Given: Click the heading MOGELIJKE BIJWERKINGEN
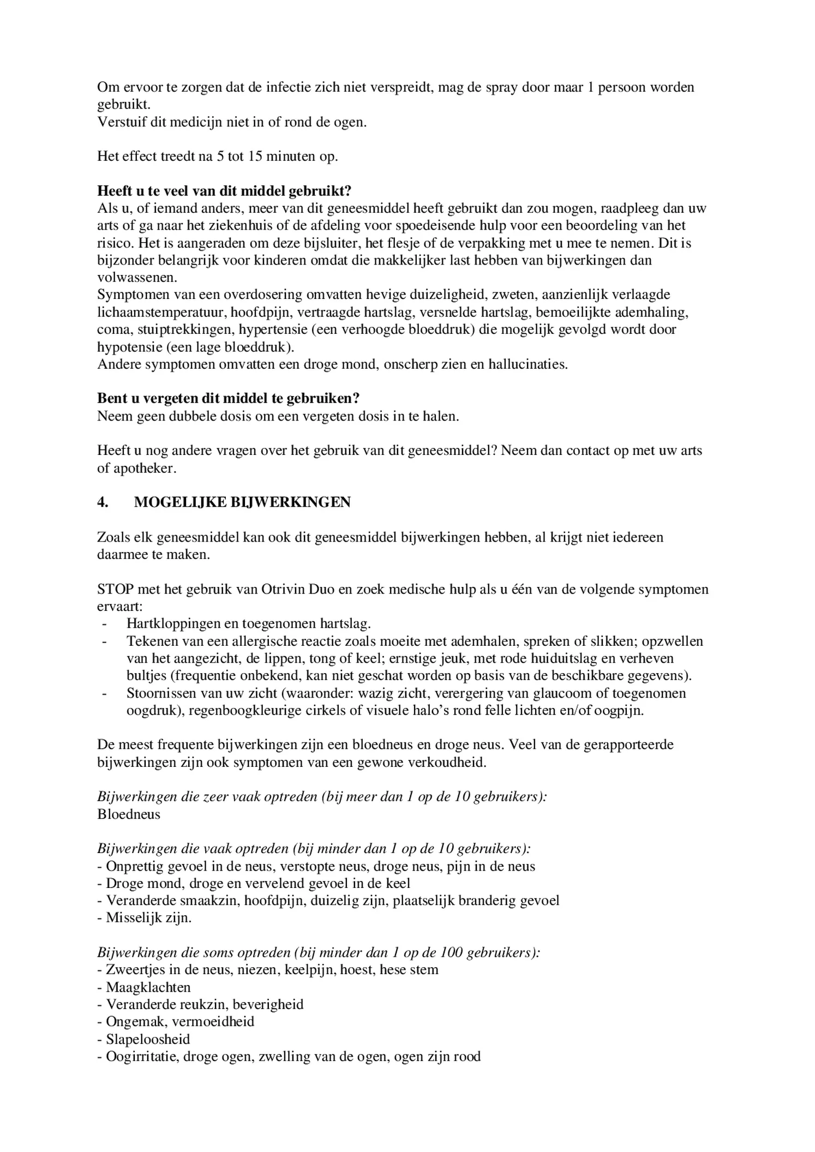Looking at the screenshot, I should pyautogui.click(x=242, y=502).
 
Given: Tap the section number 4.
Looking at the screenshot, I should pyautogui.click(x=103, y=502).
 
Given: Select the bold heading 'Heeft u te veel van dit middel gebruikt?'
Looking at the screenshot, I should pyautogui.click(x=224, y=191).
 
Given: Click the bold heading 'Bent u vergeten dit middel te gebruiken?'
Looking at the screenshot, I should pyautogui.click(x=228, y=399).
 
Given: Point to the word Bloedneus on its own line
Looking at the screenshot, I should pyautogui.click(x=129, y=814).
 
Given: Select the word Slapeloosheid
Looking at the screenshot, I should pyautogui.click(x=147, y=1039).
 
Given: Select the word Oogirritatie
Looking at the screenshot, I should pyautogui.click(x=140, y=1057).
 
